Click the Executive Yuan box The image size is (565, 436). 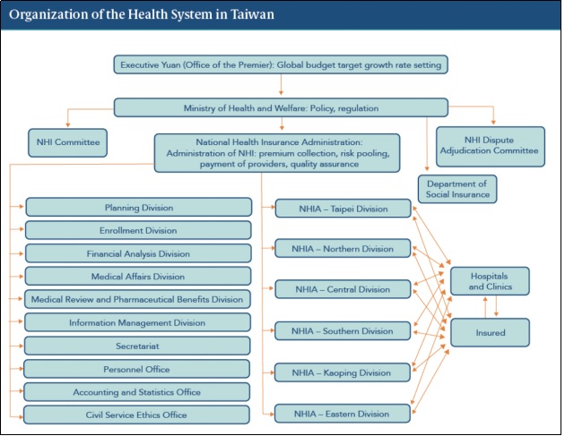coord(281,64)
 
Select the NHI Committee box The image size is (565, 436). coord(68,143)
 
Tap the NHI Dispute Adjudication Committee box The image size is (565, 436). coord(491,147)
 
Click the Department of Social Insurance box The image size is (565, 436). coord(457,189)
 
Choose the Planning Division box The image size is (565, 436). coord(139,207)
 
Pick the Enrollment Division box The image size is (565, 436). coord(138,230)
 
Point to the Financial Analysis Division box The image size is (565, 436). coord(138,253)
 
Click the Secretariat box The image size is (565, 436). coord(137,346)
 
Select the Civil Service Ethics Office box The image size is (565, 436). coord(136,415)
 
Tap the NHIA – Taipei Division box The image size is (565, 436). coord(343,209)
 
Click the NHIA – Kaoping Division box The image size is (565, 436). coord(343,372)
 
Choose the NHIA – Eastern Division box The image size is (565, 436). coord(343,414)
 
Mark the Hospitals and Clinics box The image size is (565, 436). coord(490,281)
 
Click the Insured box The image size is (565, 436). coord(490,332)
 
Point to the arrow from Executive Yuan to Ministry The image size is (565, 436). coord(281,84)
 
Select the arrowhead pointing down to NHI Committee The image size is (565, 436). coord(67,124)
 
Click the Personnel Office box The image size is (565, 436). coord(136,369)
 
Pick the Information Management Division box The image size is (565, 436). coord(137,322)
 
